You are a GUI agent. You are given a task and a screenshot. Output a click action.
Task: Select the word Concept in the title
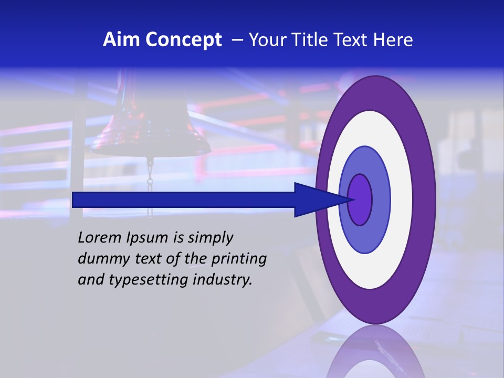tap(184, 40)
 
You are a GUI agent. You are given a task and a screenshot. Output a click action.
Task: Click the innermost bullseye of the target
tap(360, 199)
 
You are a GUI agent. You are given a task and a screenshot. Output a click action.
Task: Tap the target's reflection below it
tap(375, 354)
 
